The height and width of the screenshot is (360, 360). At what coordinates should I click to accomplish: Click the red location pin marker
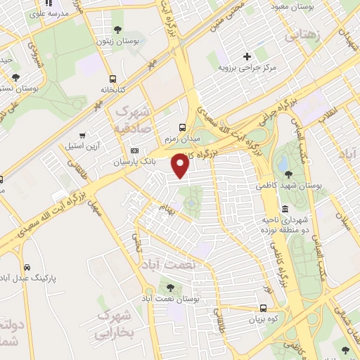pyautogui.click(x=181, y=166)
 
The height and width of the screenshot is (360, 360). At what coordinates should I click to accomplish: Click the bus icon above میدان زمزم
pyautogui.click(x=183, y=128)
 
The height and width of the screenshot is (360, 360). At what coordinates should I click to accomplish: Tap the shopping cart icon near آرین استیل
pyautogui.click(x=83, y=134)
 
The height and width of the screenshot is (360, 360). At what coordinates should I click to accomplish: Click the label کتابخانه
pyautogui.click(x=112, y=91)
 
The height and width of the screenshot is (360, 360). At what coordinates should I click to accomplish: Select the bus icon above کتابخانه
pyautogui.click(x=112, y=79)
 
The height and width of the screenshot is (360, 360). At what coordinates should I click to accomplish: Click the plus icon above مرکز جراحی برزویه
pyautogui.click(x=246, y=56)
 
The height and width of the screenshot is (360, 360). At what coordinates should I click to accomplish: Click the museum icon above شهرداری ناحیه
pyautogui.click(x=285, y=209)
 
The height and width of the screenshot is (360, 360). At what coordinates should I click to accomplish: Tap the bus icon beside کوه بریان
pyautogui.click(x=263, y=308)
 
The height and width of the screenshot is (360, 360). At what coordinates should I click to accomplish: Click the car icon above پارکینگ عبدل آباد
pyautogui.click(x=27, y=267)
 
